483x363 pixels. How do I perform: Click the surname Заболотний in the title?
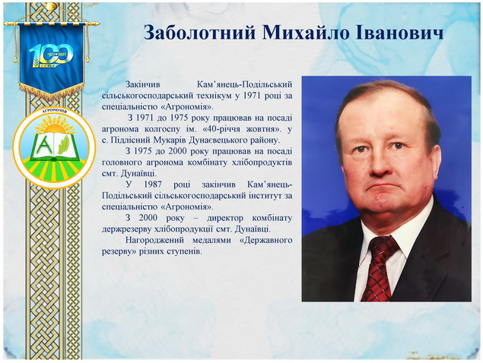pyautogui.click(x=199, y=33)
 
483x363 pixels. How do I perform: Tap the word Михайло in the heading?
pyautogui.click(x=307, y=33)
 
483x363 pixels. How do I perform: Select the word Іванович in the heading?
pyautogui.click(x=400, y=33)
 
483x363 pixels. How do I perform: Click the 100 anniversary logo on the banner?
pyautogui.click(x=51, y=56)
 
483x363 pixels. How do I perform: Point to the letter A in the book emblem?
pyautogui.click(x=45, y=144)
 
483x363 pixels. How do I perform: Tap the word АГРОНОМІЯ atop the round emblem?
pyautogui.click(x=55, y=112)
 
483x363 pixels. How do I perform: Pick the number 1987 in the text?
pyautogui.click(x=153, y=185)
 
